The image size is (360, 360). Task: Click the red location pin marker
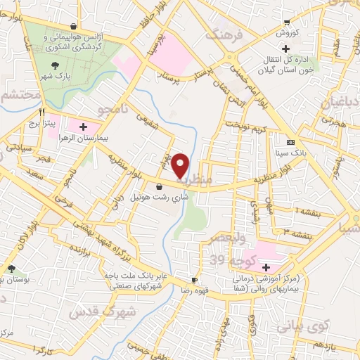point(181,166)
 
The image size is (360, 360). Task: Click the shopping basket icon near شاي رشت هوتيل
point(160,186)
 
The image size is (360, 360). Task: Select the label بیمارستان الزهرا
point(108,139)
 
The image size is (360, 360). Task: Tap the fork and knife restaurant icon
point(43,112)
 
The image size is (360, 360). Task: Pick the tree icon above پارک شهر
point(55,65)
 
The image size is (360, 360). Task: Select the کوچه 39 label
point(228,261)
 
